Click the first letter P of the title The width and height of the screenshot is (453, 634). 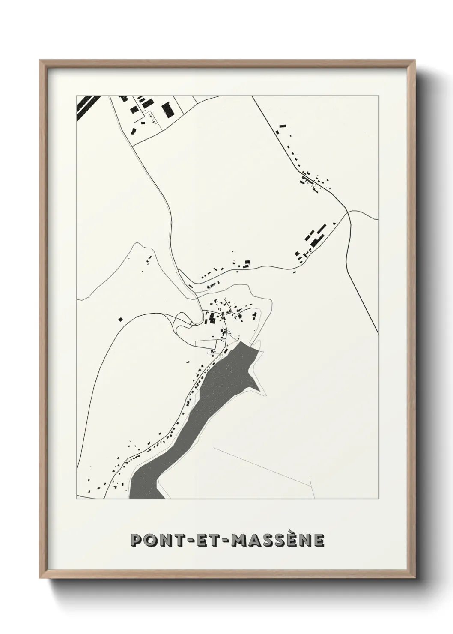136,540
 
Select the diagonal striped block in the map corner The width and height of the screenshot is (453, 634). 88,107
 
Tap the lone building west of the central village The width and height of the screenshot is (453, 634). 121,319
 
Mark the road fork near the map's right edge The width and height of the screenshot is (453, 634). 349,212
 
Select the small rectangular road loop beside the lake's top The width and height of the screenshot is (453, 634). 212,344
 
